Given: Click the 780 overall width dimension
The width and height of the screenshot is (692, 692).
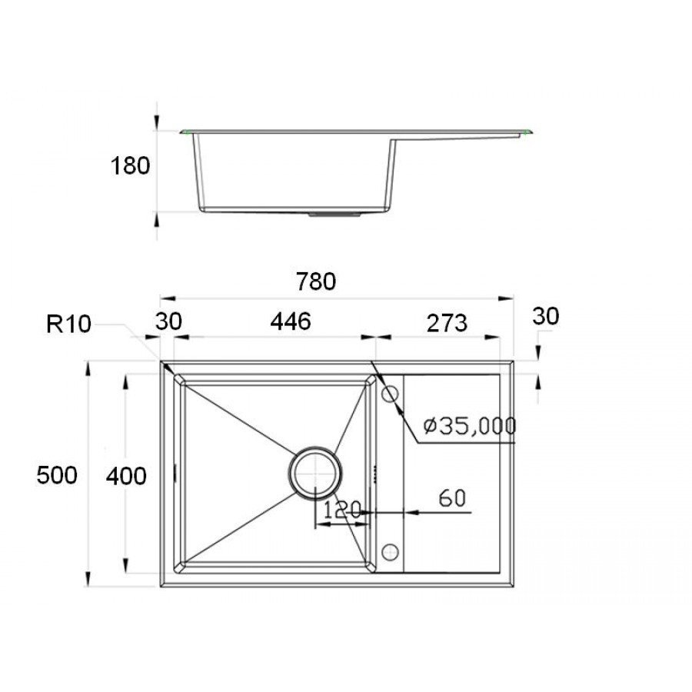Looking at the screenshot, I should click(316, 282).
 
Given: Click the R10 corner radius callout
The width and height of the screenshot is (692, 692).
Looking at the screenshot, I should click(68, 324).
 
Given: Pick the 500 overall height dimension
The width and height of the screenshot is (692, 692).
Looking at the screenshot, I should click(57, 476).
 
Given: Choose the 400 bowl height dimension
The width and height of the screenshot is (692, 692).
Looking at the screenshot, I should click(126, 476).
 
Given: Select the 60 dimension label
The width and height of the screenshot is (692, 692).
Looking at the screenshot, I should click(454, 497).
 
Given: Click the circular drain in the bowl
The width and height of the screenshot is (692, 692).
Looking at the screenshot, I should click(314, 471).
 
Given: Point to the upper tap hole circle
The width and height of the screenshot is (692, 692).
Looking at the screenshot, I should click(390, 394).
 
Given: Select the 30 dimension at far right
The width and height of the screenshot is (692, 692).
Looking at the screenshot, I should click(544, 316).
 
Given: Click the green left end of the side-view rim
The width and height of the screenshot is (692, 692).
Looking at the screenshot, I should click(185, 132).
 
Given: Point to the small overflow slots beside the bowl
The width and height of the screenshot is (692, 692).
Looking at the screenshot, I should click(374, 473).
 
